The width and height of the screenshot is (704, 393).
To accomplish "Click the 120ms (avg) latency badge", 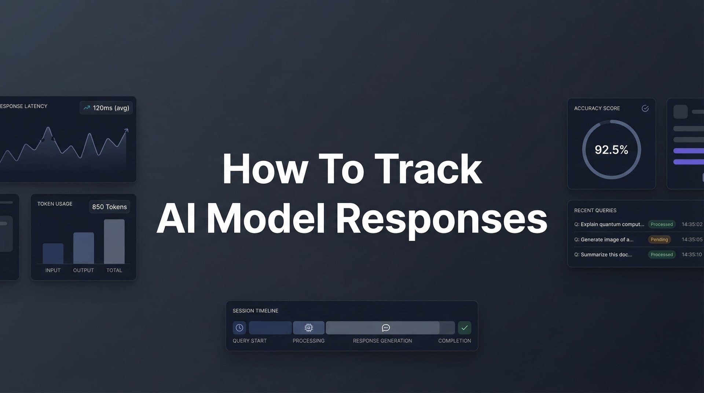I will coord(106,108).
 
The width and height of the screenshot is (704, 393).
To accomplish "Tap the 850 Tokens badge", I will coord(109,207).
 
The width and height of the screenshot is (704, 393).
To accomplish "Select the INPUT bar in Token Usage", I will coord(53,253).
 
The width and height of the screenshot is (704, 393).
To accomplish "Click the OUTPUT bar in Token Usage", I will coord(84,248).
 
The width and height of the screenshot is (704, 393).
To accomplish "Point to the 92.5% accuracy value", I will coord(611,150).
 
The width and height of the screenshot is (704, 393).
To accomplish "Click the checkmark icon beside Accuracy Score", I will coord(645,108).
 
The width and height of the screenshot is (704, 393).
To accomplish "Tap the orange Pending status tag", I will coord(659,239).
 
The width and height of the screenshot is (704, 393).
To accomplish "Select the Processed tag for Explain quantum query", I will coord(661,224).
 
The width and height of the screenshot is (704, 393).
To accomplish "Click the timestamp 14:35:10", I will coord(692,254).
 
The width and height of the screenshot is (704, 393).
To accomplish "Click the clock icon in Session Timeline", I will coord(239,328).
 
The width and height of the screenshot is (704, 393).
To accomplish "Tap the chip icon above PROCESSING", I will coord(309,328).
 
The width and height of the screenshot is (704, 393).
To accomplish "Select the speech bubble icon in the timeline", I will coord(386,328).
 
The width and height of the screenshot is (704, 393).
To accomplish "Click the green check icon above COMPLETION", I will coord(465,328).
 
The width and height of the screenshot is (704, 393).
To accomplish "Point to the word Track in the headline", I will coord(428,169).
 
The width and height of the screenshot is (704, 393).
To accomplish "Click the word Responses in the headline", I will coord(441,219).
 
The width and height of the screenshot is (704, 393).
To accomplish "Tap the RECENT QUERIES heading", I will coord(595,210).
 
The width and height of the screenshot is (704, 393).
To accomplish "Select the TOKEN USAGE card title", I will coord(55,204).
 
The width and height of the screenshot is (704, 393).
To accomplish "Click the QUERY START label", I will coord(250,341).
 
